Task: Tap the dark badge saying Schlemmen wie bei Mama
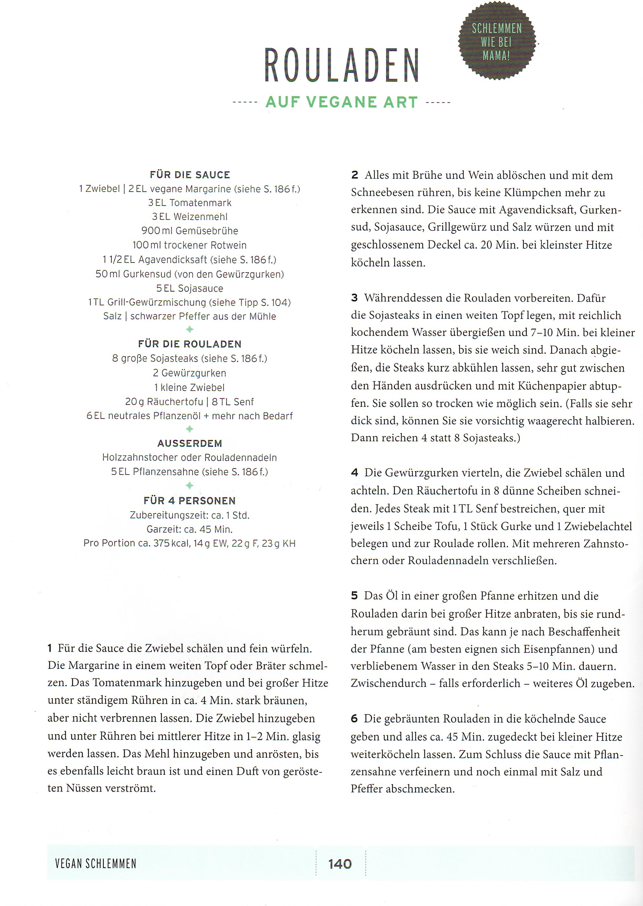tap(497, 41)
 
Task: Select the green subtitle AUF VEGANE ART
tap(341, 102)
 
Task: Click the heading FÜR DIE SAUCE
tap(190, 175)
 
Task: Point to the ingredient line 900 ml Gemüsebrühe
tap(190, 230)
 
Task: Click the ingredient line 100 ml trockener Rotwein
tap(190, 245)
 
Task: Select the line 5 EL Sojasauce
tap(190, 288)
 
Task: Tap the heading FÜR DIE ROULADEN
tap(190, 344)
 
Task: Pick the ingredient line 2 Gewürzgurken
tap(190, 373)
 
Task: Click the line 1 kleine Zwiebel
tap(190, 387)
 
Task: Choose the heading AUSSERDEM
tap(190, 443)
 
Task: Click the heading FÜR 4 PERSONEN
tap(190, 500)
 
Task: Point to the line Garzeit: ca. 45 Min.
tap(190, 529)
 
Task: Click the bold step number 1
tap(50, 649)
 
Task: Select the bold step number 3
tap(354, 298)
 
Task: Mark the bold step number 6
tap(354, 719)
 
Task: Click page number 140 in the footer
tap(340, 864)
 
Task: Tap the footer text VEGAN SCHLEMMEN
tap(96, 864)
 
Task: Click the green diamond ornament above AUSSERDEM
tap(190, 429)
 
